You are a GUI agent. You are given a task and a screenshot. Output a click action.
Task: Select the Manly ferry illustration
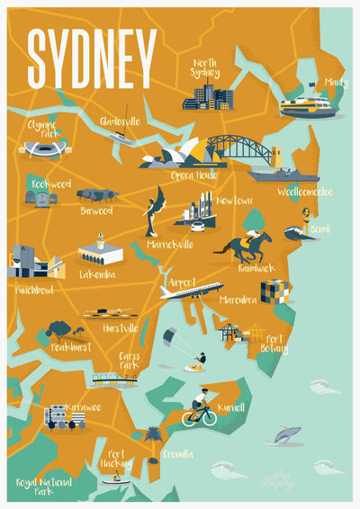(x=306, y=106)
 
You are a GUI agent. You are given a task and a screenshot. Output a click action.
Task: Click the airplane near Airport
(x=191, y=290)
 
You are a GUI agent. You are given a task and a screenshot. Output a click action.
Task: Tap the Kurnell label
(x=231, y=408)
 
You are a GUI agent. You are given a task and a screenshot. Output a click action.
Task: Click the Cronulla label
(x=177, y=454)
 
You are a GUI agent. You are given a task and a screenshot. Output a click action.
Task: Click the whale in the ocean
(x=285, y=434)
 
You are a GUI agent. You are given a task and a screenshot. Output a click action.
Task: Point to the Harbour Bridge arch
(x=236, y=146)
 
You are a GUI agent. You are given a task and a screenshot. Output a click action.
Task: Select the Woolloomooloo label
(x=304, y=192)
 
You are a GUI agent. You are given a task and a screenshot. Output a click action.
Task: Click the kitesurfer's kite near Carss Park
(x=169, y=336)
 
